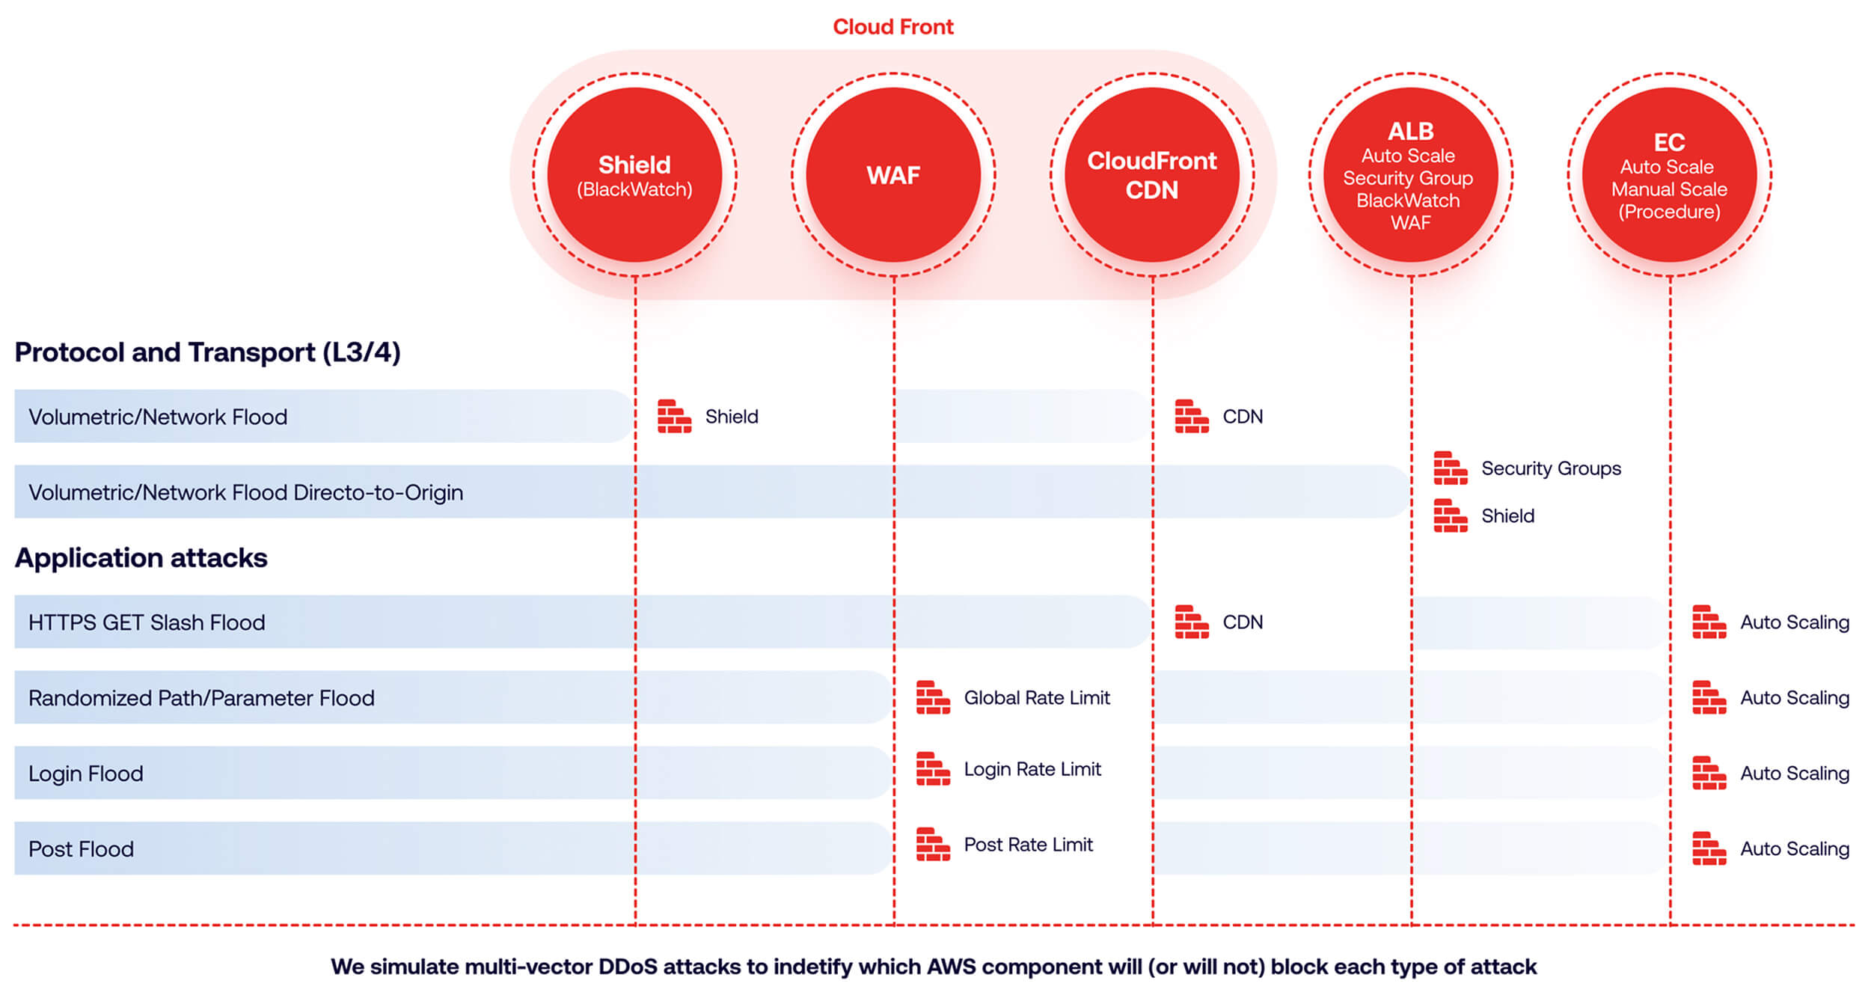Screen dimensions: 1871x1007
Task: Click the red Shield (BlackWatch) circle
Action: pyautogui.click(x=634, y=174)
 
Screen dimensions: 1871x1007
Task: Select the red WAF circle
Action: pyautogui.click(x=893, y=174)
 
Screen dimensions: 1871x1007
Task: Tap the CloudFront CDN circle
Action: pyautogui.click(x=1152, y=174)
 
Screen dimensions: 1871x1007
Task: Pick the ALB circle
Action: pyautogui.click(x=1411, y=174)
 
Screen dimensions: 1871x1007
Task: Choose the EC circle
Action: pyautogui.click(x=1670, y=174)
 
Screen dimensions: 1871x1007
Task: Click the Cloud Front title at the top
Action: pyautogui.click(x=893, y=27)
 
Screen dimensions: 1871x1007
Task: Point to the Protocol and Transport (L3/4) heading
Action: pyautogui.click(x=207, y=352)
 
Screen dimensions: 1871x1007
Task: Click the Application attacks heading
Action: pyautogui.click(x=141, y=557)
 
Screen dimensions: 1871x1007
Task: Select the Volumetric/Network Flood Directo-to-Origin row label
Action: pyautogui.click(x=245, y=492)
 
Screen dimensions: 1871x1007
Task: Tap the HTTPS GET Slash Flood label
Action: pyautogui.click(x=147, y=622)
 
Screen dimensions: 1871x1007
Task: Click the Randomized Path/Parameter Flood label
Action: pyautogui.click(x=201, y=698)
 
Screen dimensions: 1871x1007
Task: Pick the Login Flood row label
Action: pyautogui.click(x=85, y=774)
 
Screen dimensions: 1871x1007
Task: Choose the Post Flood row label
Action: pyautogui.click(x=81, y=849)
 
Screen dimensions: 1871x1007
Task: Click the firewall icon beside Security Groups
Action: pyautogui.click(x=1450, y=468)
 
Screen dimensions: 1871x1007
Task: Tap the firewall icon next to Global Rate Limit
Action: pyautogui.click(x=933, y=697)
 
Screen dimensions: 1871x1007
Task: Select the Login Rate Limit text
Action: pyautogui.click(x=1032, y=769)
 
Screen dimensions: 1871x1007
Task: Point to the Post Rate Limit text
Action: pyautogui.click(x=1028, y=845)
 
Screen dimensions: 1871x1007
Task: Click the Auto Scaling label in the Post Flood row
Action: pyautogui.click(x=1795, y=848)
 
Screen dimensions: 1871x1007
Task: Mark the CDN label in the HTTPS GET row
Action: pyautogui.click(x=1243, y=622)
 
